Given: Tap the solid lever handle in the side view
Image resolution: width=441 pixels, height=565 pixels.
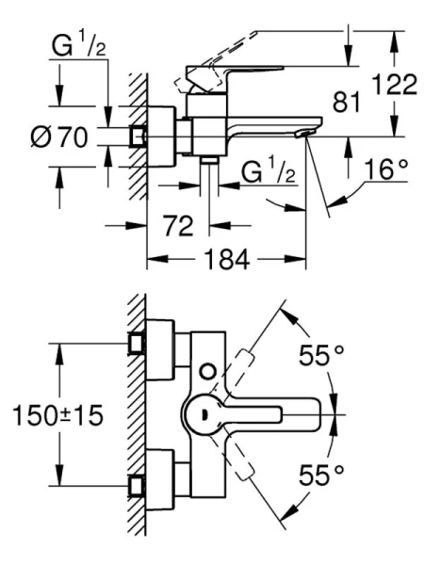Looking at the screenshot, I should pyautogui.click(x=236, y=75).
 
